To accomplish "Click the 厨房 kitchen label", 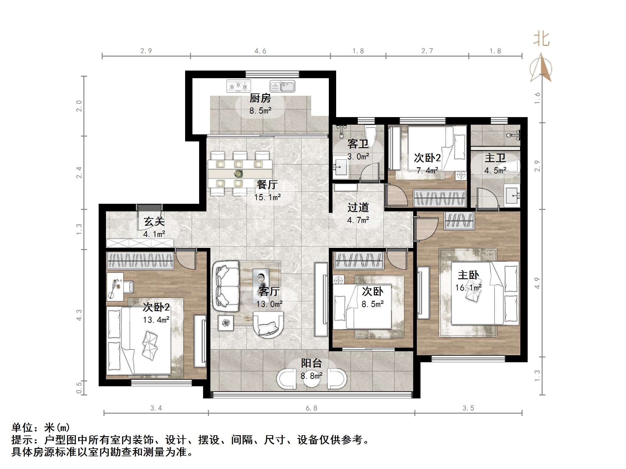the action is click(x=260, y=98).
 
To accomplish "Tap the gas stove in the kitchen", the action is click(x=239, y=86).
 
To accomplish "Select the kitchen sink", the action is click(x=282, y=86).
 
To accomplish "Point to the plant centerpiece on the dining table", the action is click(x=238, y=174).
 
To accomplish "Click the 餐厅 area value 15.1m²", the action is click(x=267, y=197).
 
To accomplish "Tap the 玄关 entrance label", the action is click(x=154, y=221).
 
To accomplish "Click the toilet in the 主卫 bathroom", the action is click(x=512, y=167).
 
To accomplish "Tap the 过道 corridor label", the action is click(x=358, y=207).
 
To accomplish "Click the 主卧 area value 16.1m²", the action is click(x=468, y=288).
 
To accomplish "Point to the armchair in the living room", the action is click(x=268, y=325).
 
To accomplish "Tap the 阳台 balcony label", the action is click(x=311, y=363).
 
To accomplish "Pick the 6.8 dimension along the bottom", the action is click(x=311, y=408).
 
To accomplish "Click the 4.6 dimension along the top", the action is click(x=260, y=51).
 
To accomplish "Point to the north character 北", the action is click(x=541, y=39).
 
